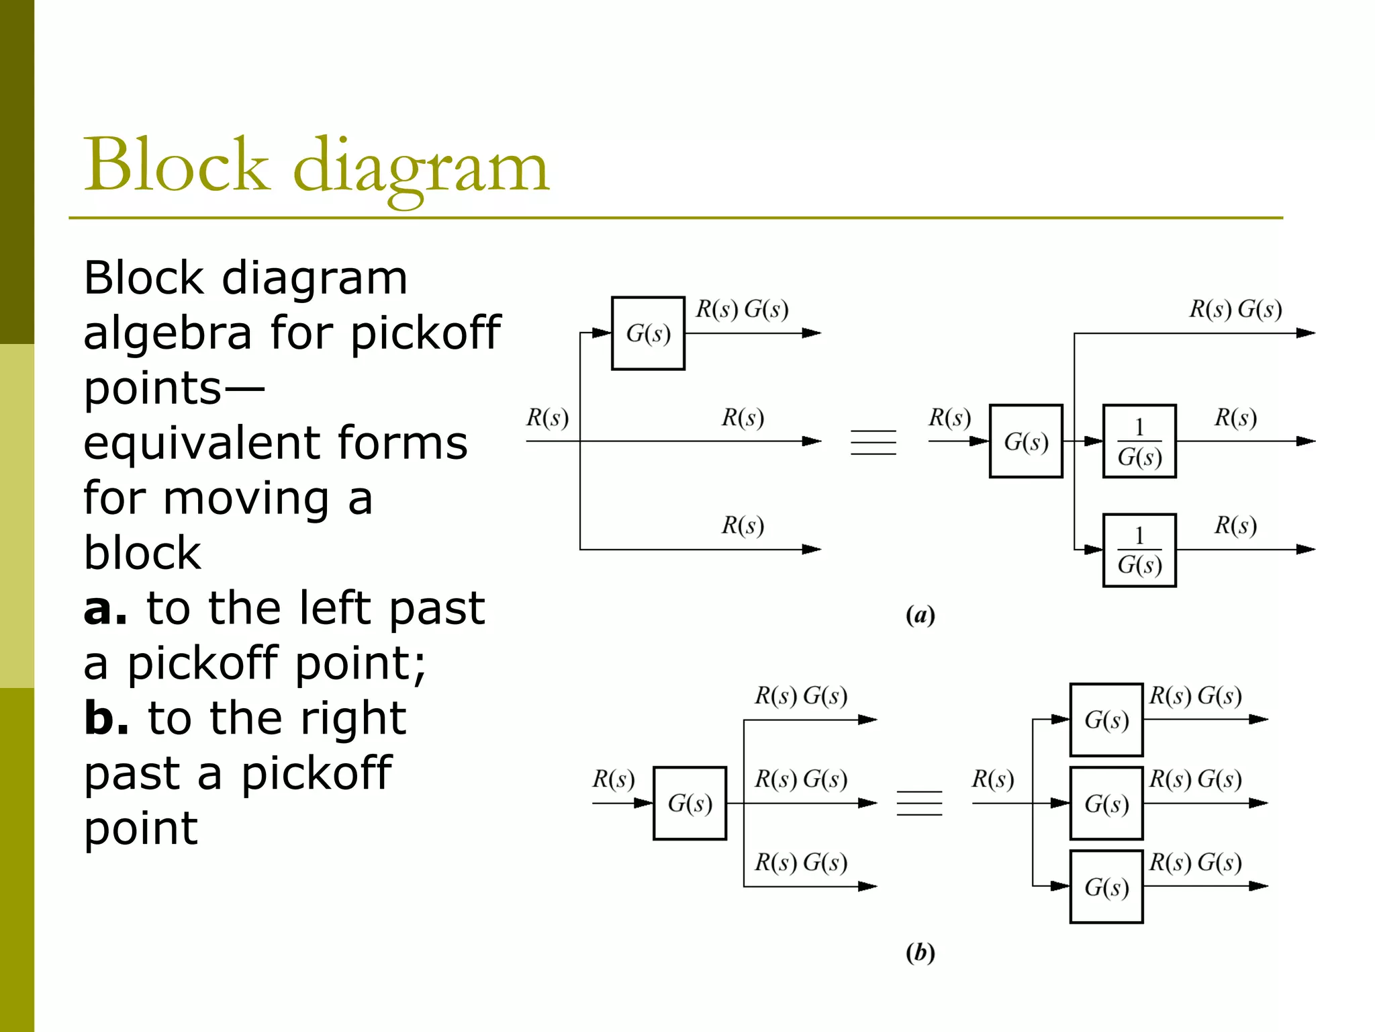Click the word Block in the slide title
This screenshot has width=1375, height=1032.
[x=176, y=165]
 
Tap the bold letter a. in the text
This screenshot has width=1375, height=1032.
[x=105, y=608]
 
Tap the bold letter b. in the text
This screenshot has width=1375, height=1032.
[x=106, y=718]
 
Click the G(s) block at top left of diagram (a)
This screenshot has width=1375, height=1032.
[x=648, y=333]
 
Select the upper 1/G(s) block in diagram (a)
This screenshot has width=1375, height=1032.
[x=1139, y=441]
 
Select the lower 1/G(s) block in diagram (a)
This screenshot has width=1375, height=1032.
[x=1139, y=550]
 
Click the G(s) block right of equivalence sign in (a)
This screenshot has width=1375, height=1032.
[x=1026, y=441]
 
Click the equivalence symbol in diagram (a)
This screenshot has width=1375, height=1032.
[x=873, y=442]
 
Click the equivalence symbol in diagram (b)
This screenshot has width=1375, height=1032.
[x=919, y=803]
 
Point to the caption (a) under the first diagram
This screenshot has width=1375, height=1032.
[x=920, y=615]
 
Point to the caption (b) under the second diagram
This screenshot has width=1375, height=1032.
[x=920, y=952]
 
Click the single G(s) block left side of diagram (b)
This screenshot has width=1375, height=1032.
[x=690, y=803]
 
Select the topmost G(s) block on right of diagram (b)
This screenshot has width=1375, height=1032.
[x=1106, y=720]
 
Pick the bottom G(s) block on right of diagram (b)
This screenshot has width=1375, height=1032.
[x=1106, y=887]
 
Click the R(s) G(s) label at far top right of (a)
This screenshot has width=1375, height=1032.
[x=1235, y=309]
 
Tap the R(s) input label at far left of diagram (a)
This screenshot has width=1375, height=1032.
[x=547, y=417]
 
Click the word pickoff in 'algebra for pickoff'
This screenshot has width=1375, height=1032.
[x=426, y=334]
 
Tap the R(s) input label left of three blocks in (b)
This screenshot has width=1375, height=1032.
[x=992, y=779]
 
